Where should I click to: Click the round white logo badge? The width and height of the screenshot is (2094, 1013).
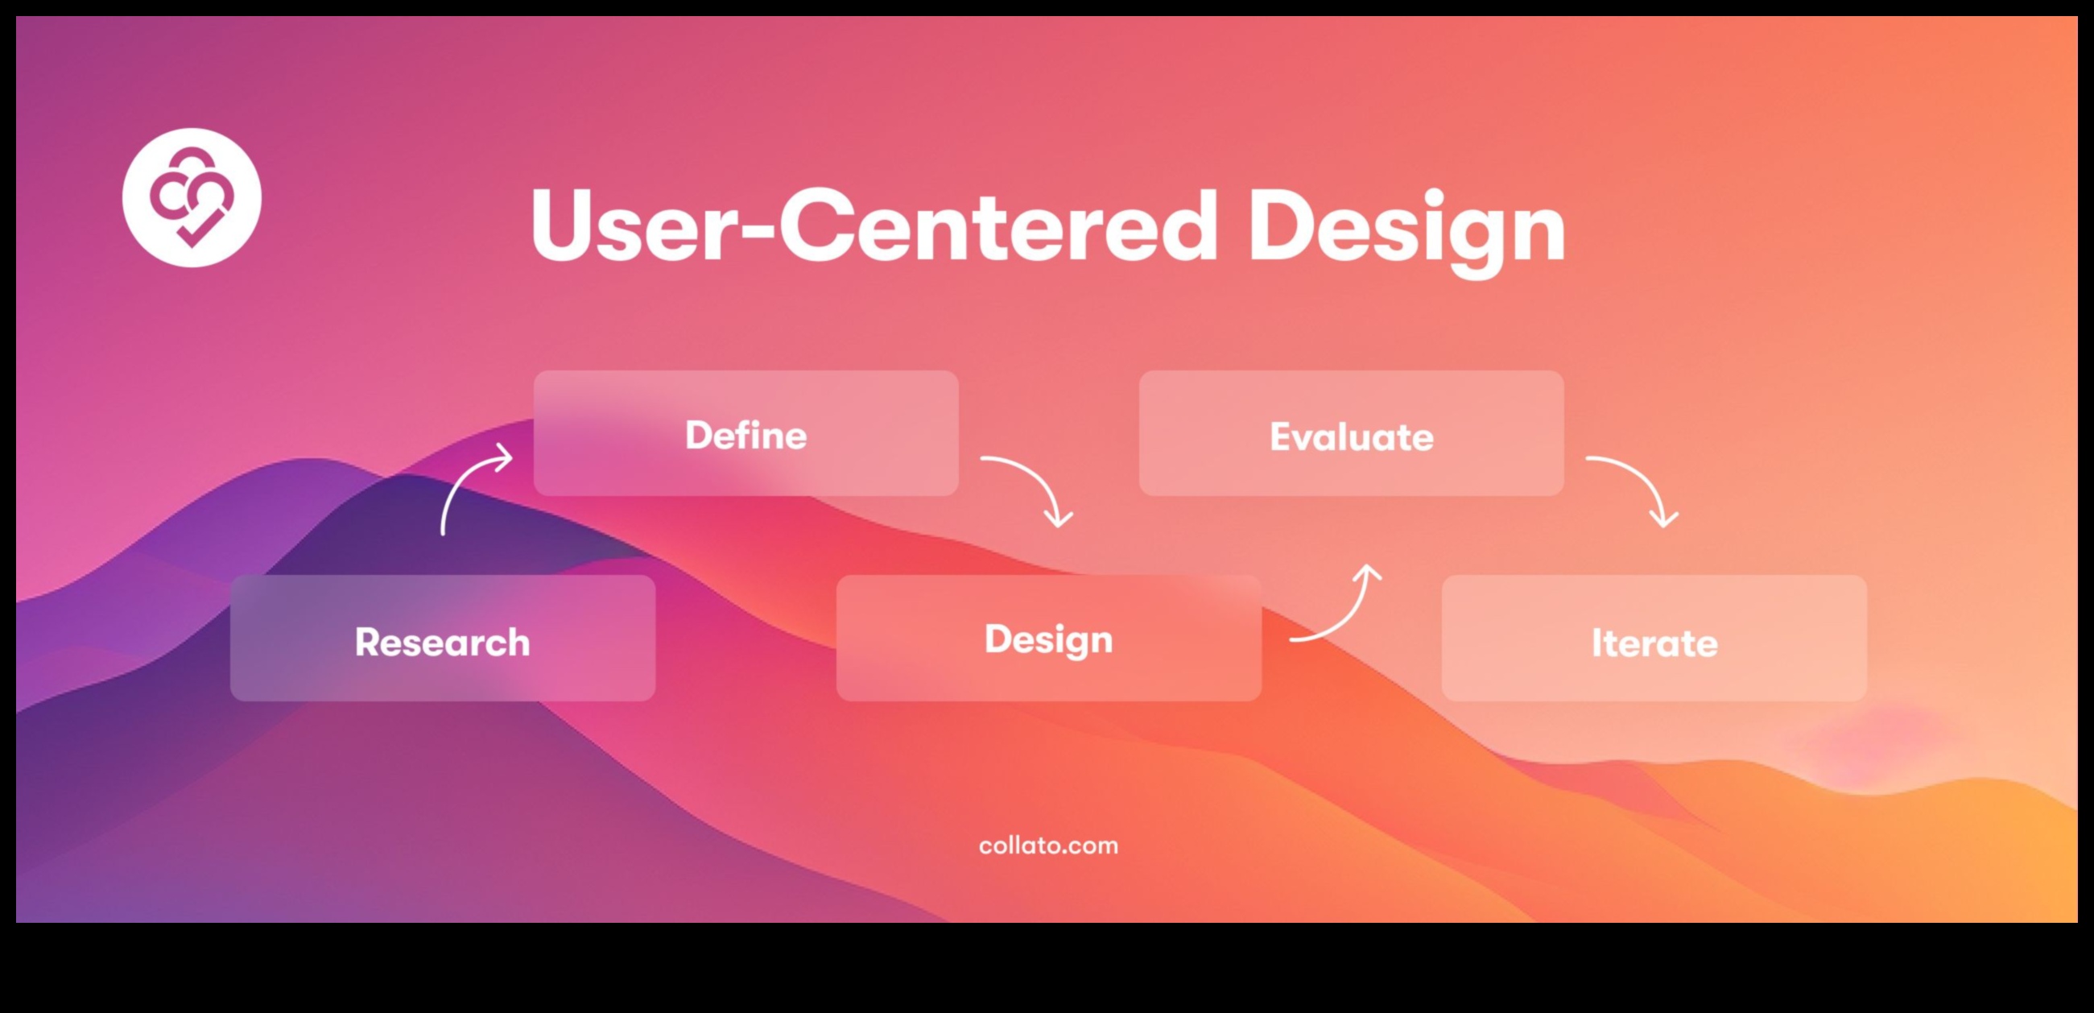[x=192, y=197]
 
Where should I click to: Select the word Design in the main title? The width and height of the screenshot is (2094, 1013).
[x=1407, y=233]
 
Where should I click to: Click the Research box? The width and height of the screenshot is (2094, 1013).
[x=443, y=639]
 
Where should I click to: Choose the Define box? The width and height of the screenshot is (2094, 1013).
[x=746, y=433]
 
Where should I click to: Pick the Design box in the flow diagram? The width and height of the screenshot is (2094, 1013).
[x=1049, y=639]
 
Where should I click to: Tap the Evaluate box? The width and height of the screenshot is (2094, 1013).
[x=1351, y=433]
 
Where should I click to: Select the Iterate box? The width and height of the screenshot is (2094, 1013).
[x=1654, y=639]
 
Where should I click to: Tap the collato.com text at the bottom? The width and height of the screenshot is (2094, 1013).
[x=1048, y=846]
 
